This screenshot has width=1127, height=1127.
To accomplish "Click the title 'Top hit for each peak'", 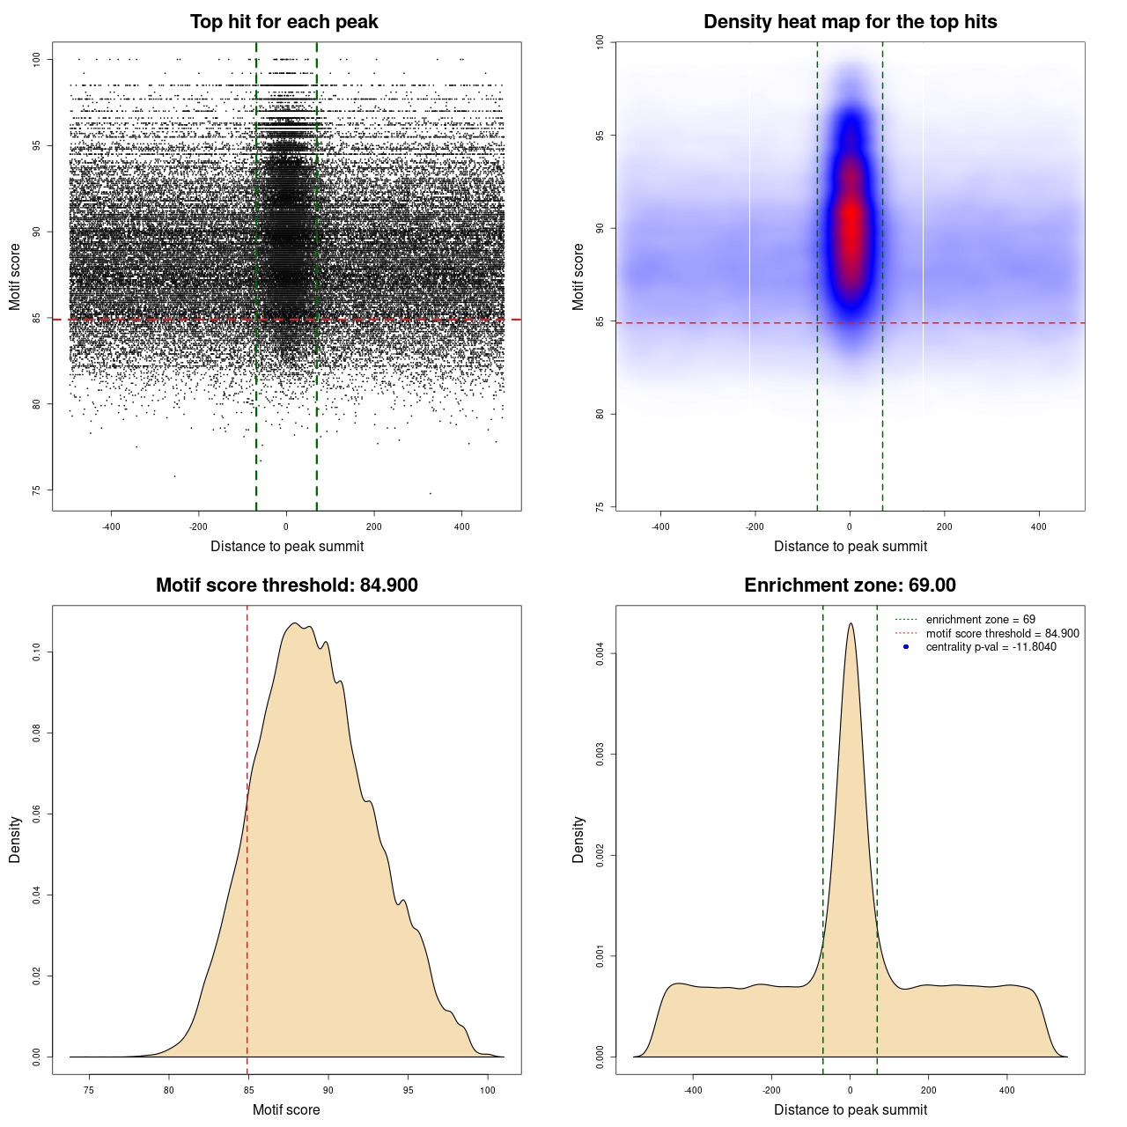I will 284,22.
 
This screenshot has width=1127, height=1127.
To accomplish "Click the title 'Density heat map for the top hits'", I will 850,22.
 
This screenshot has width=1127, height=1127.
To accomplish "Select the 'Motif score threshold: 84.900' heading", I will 286,586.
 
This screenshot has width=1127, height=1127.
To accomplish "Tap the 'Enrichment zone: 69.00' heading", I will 850,586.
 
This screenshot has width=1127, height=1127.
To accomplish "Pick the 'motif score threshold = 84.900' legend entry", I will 1002,634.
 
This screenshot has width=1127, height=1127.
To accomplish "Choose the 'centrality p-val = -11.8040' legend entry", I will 991,647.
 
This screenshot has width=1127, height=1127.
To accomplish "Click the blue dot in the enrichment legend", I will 906,647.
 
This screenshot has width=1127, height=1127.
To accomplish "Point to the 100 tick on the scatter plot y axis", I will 37,59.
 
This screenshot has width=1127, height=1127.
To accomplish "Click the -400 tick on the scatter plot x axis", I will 111,527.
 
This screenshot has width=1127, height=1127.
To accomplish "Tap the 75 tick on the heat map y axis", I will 600,507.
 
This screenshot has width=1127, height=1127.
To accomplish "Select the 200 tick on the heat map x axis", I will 945,527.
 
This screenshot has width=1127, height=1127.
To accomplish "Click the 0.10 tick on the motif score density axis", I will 37,652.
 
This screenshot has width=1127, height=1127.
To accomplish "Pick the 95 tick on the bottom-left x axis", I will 408,1090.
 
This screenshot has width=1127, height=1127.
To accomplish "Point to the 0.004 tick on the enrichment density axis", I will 600,654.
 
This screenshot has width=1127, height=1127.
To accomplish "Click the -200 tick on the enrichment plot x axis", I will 771,1090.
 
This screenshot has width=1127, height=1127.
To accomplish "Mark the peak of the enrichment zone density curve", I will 851,624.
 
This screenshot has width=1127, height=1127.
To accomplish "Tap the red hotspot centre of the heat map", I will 851,220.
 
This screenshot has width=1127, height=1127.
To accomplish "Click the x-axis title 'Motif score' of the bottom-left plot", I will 286,1109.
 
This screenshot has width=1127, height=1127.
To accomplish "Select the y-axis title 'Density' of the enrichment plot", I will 578,839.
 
